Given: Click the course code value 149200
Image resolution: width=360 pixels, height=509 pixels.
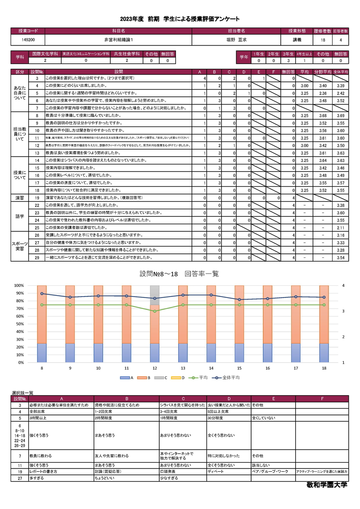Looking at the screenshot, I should click(x=28, y=40).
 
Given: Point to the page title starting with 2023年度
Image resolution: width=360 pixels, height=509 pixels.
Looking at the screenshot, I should click(x=180, y=19).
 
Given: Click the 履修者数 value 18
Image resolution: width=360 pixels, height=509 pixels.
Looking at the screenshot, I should click(x=323, y=40).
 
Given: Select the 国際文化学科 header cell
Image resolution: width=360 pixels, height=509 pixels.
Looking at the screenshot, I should click(x=45, y=54).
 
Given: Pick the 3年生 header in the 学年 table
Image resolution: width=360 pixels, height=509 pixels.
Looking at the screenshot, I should click(x=288, y=54).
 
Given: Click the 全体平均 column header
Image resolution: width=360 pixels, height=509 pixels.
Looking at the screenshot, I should click(x=340, y=72).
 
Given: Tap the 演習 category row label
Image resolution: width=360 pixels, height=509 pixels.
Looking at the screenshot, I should click(x=20, y=198).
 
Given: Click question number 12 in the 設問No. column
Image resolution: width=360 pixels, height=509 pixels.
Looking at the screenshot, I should click(x=37, y=146).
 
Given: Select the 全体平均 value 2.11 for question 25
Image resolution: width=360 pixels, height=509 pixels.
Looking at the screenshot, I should click(x=340, y=228).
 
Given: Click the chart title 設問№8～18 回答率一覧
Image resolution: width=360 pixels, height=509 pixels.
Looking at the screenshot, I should click(x=180, y=274).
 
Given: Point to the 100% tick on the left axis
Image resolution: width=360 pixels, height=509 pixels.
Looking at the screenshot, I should click(x=19, y=285).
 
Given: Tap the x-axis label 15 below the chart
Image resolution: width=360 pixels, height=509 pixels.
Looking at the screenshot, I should click(x=240, y=368).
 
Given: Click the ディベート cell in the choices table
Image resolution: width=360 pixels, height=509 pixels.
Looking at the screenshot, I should click(x=216, y=471).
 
